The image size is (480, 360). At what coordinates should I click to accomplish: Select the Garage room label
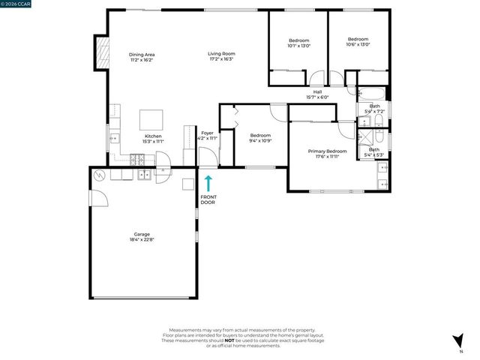141,237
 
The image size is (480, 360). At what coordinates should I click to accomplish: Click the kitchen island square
152,120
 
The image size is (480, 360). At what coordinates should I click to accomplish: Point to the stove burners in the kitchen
138,159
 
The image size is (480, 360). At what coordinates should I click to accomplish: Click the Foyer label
207,133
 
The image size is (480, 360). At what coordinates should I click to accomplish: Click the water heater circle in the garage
100,175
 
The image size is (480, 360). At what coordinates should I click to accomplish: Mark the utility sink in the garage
142,175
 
